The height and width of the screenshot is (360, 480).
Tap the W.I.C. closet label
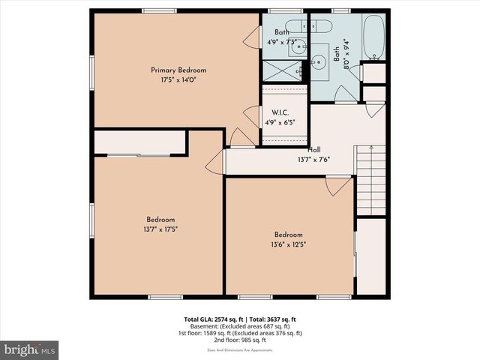(281, 112)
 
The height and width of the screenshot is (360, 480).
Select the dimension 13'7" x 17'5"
(160, 229)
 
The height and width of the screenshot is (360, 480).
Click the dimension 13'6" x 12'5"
(288, 244)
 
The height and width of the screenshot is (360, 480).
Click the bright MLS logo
(30, 349)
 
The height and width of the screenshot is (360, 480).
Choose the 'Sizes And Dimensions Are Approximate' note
(239, 349)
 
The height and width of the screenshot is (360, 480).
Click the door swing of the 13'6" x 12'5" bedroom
(337, 185)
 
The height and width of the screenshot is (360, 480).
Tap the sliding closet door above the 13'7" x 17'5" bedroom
(139, 155)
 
